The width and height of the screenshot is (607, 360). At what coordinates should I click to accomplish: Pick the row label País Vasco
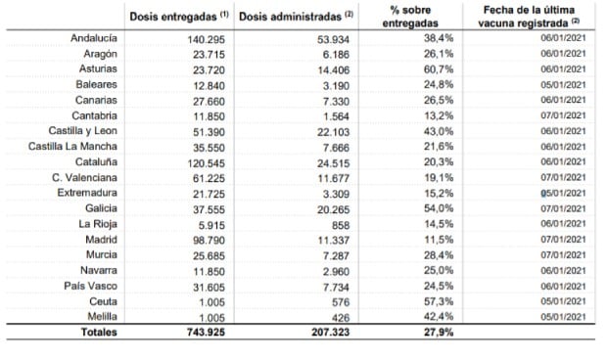click(x=93, y=285)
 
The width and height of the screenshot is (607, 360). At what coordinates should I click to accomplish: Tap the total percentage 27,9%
click(x=420, y=333)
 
